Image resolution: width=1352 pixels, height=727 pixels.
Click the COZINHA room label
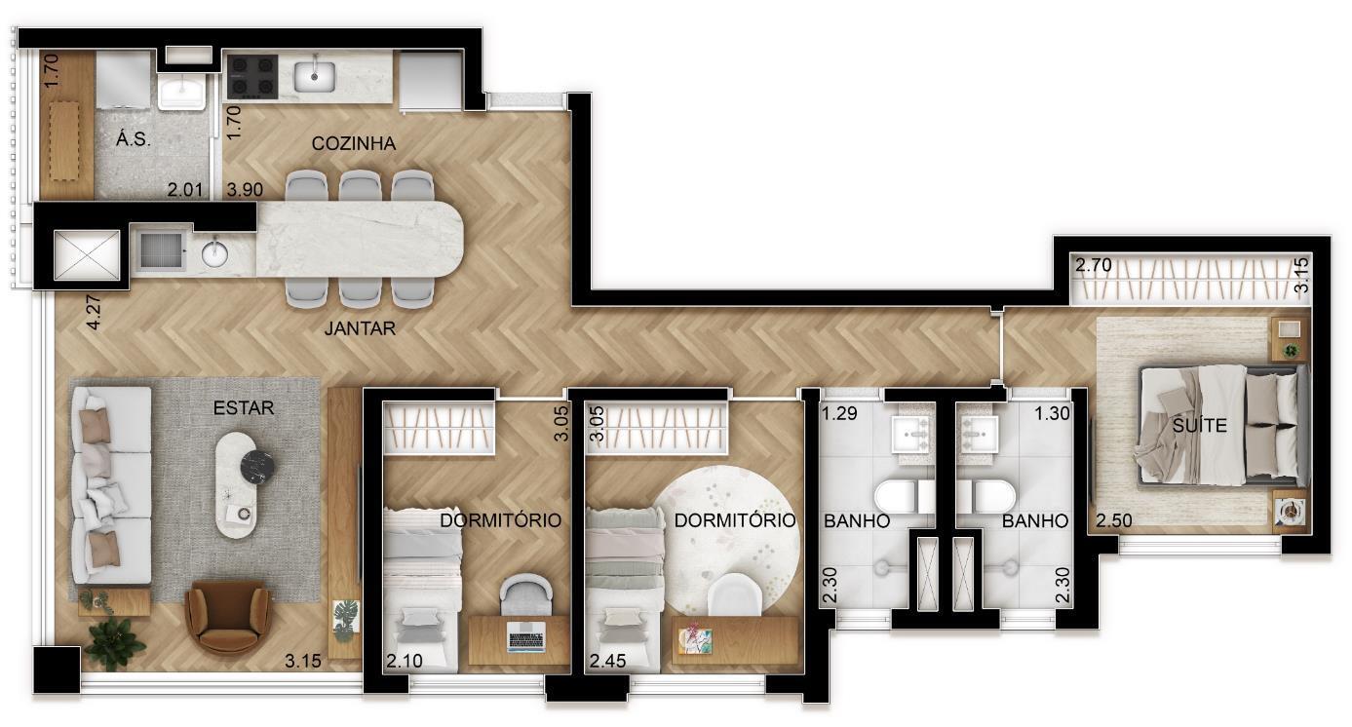354,143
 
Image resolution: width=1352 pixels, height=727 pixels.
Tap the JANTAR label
360,328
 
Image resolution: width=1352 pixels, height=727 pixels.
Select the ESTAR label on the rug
244,408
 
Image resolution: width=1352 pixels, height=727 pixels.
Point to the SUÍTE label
1199,425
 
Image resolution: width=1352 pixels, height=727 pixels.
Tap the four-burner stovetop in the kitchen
252,77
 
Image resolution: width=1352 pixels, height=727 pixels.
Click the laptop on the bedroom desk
526,637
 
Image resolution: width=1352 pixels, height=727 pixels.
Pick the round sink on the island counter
214,254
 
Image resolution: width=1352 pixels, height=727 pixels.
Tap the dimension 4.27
94,312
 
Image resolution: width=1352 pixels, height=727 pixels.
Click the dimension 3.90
245,190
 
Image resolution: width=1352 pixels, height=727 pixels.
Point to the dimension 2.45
608,662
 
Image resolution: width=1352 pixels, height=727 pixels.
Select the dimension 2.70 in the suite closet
1094,265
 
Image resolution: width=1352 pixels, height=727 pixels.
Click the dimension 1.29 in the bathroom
839,414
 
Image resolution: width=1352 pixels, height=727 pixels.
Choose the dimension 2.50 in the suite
1114,520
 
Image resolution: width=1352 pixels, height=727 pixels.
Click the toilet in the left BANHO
904,497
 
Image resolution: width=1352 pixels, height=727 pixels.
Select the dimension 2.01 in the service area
184,190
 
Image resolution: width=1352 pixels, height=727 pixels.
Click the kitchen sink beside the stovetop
315,77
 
